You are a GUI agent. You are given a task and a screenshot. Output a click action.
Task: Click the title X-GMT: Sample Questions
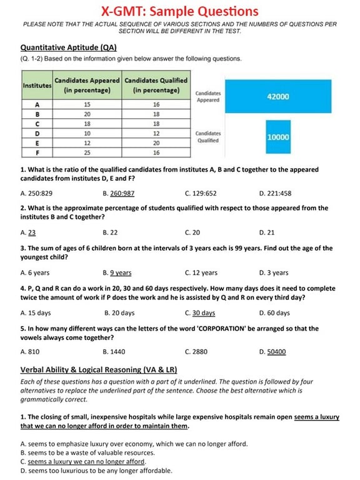pyautogui.click(x=180, y=11)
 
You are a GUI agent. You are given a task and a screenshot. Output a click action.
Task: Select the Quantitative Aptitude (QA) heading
pyautogui.click(x=68, y=47)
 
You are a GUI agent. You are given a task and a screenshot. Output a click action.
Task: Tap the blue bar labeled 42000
pyautogui.click(x=277, y=97)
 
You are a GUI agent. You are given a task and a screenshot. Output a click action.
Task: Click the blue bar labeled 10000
pyautogui.click(x=277, y=136)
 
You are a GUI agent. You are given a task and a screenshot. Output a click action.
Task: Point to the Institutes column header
pyautogui.click(x=37, y=85)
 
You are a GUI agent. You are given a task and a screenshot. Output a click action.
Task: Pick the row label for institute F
pyautogui.click(x=37, y=152)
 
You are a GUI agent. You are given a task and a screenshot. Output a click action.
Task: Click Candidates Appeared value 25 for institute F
pyautogui.click(x=87, y=152)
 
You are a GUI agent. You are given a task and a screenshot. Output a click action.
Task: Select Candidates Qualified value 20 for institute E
pyautogui.click(x=156, y=142)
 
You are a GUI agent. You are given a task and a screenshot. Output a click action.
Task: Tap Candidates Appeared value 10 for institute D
pyautogui.click(x=87, y=133)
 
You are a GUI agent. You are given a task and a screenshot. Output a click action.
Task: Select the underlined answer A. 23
pyautogui.click(x=28, y=232)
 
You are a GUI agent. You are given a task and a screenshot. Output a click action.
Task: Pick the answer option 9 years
pyautogui.click(x=117, y=272)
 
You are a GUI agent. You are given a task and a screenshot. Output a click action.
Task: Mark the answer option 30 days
pyautogui.click(x=200, y=313)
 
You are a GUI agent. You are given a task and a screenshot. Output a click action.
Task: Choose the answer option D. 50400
pyautogui.click(x=272, y=352)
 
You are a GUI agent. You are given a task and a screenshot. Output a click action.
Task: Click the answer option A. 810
pyautogui.click(x=31, y=352)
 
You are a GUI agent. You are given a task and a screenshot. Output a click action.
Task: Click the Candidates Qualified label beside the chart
pyautogui.click(x=208, y=136)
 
